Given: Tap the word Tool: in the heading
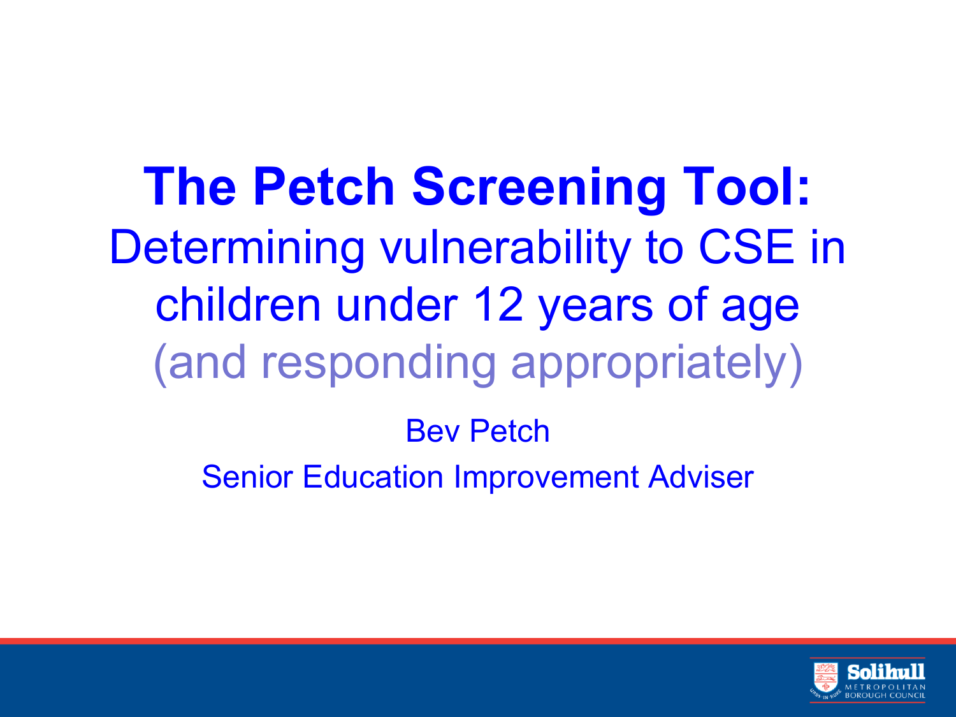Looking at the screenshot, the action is point(746,186).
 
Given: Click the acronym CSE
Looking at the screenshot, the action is point(746,247).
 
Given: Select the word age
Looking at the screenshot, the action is point(760,310).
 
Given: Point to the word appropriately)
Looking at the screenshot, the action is point(657,365).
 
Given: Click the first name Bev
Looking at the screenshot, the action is point(433,431).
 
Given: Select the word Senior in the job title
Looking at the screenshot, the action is point(247,477).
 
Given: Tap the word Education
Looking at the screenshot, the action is point(373,477).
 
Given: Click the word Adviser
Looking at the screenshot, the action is point(701,477).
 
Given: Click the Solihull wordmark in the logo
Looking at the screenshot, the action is point(886,672).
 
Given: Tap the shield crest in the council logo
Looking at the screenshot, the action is point(826,677).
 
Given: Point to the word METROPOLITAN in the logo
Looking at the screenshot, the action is point(885,687).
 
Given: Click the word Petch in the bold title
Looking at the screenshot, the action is point(324,186).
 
